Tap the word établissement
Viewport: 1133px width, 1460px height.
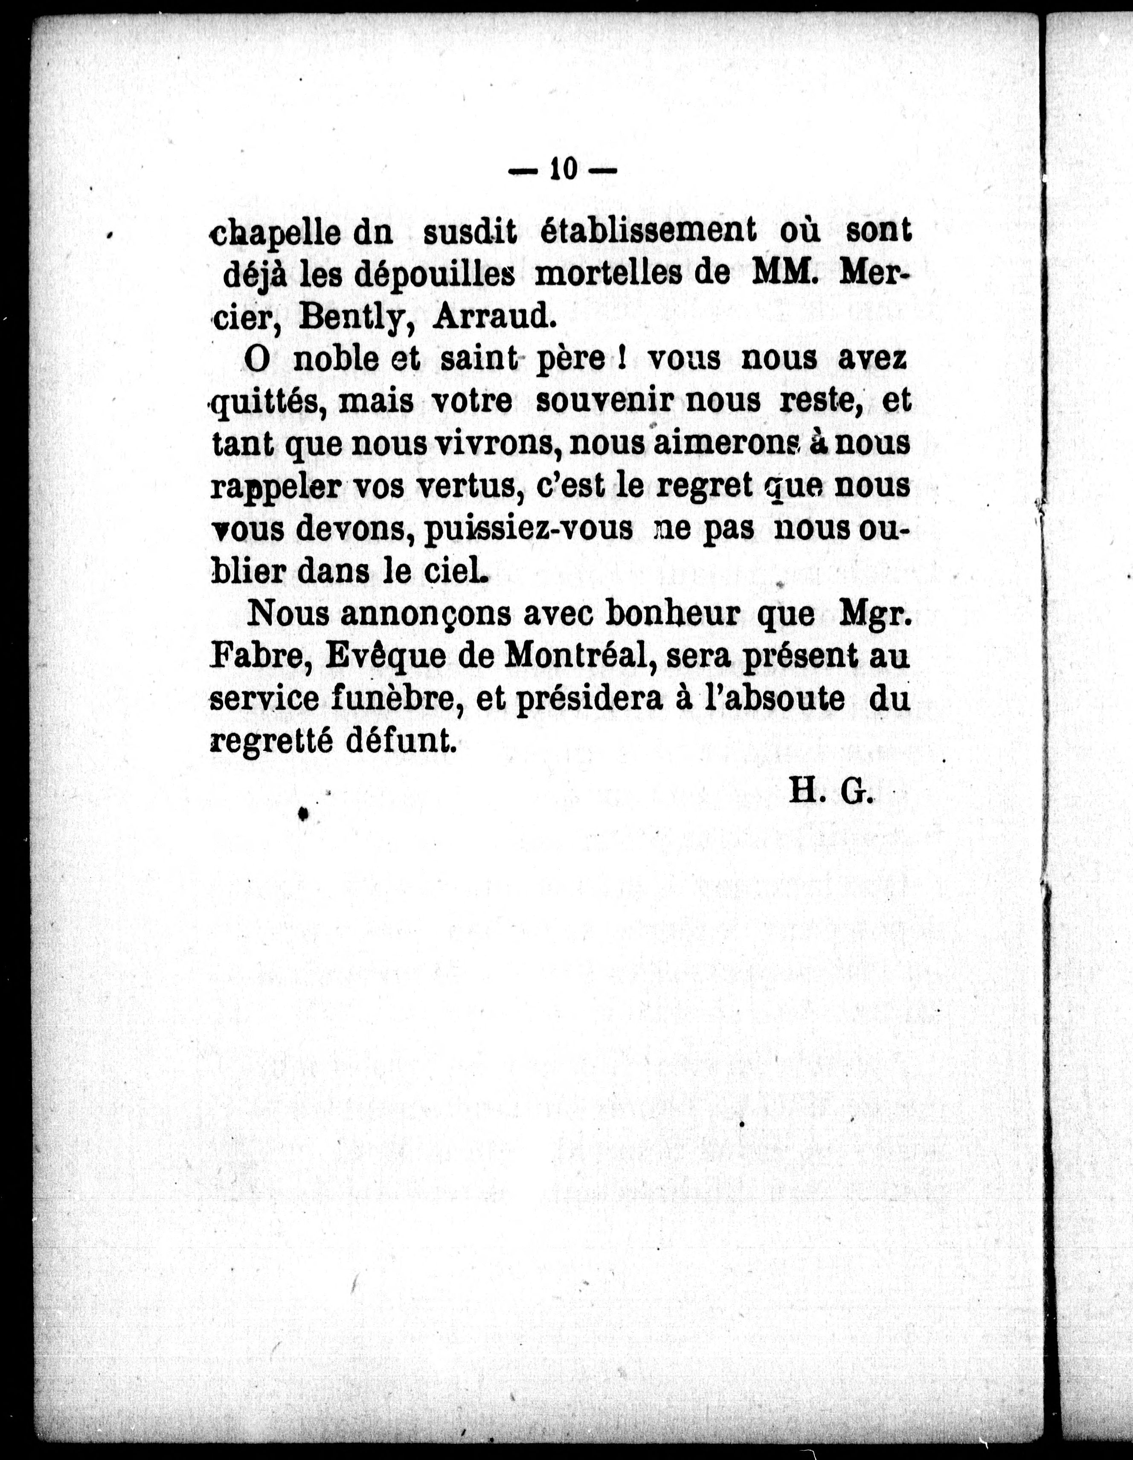[648, 231]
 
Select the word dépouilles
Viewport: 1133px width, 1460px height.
[435, 274]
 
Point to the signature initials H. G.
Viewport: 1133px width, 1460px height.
[831, 792]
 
